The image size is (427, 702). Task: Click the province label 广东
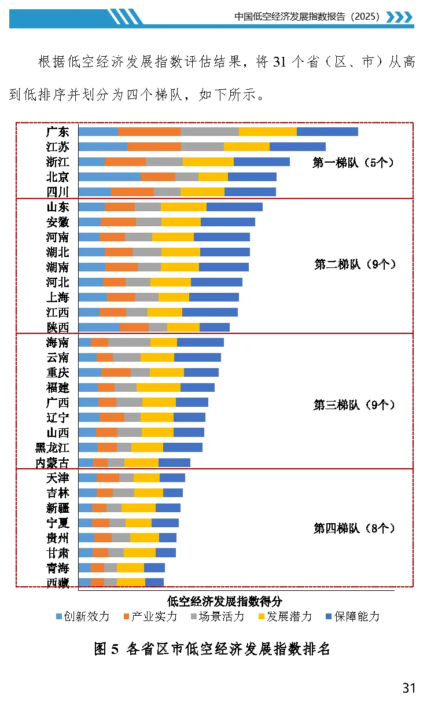[x=57, y=132]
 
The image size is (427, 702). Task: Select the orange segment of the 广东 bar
[x=149, y=132]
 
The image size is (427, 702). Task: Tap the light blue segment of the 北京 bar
[x=109, y=177]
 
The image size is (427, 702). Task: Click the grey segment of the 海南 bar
[x=129, y=343]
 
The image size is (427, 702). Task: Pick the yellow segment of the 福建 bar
[x=158, y=388]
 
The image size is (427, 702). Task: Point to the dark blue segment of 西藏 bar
[x=154, y=582]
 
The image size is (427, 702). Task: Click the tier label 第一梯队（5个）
[x=354, y=163]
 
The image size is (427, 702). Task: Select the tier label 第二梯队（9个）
[x=355, y=264]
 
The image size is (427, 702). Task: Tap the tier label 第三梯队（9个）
[x=354, y=405]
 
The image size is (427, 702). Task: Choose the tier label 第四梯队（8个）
[x=354, y=528]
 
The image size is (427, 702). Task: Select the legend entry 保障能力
[x=352, y=616]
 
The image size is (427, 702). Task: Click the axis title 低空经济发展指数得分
[x=224, y=601]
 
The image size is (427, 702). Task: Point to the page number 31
[x=409, y=688]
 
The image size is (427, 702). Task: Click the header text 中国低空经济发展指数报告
[x=307, y=17]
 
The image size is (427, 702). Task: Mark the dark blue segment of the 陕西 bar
[x=214, y=328]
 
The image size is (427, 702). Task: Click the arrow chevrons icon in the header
[x=399, y=17]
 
